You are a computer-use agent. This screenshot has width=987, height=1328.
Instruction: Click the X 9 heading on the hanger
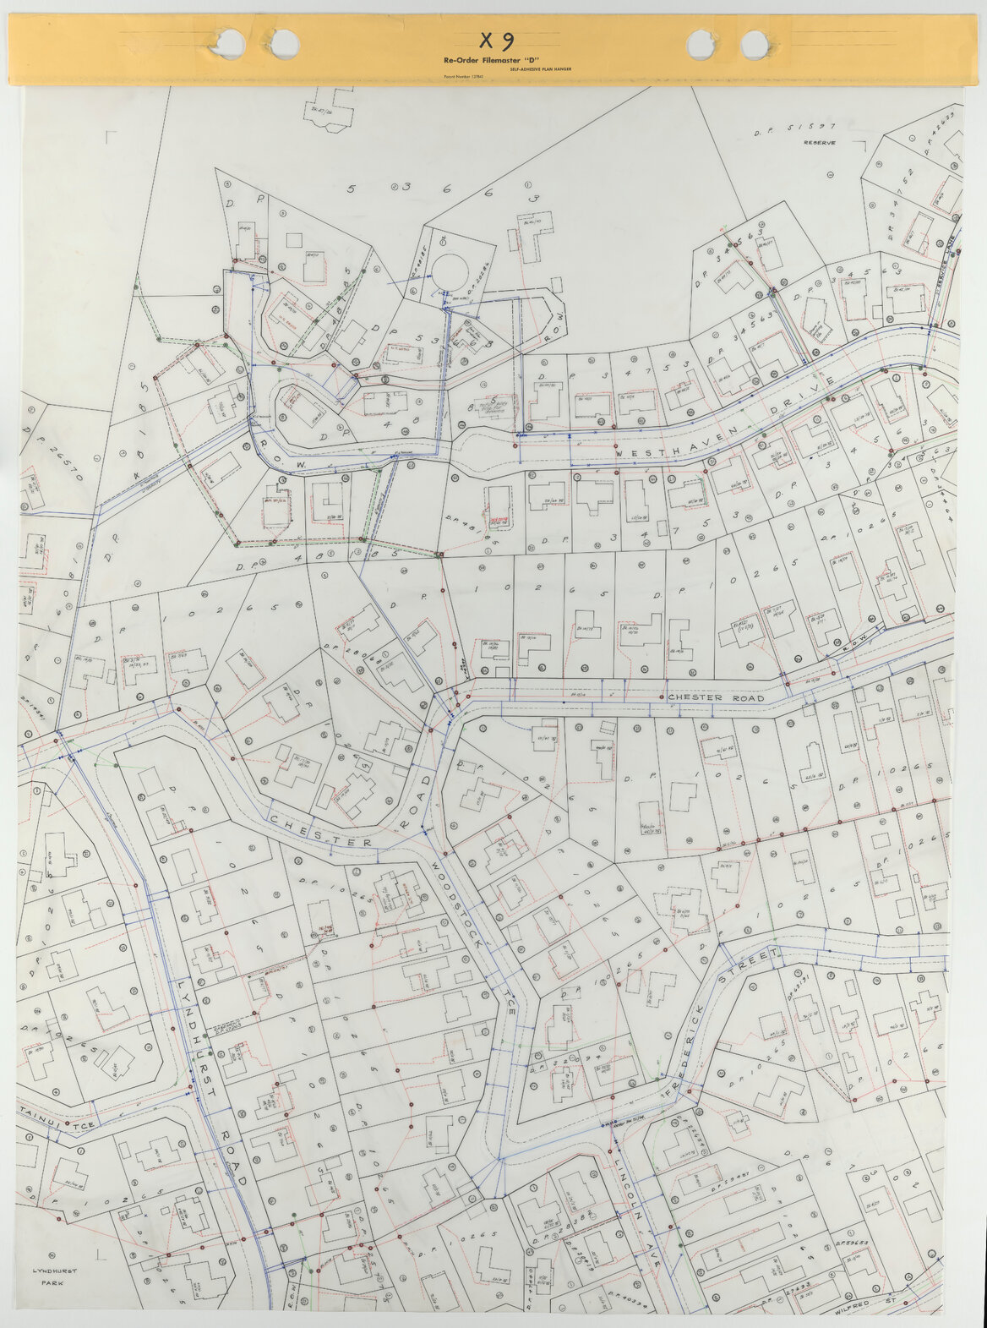(x=495, y=41)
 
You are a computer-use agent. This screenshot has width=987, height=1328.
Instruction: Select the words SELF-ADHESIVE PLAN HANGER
(x=541, y=69)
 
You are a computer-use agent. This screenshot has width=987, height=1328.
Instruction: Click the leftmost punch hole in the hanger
(x=228, y=40)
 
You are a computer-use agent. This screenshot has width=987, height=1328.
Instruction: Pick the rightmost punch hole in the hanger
(x=755, y=44)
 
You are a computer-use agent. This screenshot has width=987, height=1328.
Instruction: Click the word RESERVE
(x=820, y=143)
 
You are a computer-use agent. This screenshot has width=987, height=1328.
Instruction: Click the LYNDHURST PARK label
(x=50, y=1276)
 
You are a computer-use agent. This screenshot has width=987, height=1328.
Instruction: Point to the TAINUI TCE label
(x=59, y=1125)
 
